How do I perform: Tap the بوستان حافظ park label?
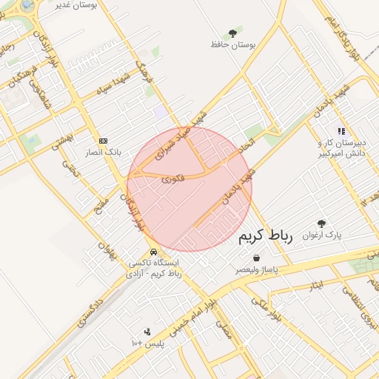pyautogui.click(x=233, y=45)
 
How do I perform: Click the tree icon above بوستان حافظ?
pyautogui.click(x=233, y=33)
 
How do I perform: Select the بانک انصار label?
pyautogui.click(x=103, y=152)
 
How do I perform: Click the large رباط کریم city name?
pyautogui.click(x=266, y=237)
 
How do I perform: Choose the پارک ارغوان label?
pyautogui.click(x=345, y=235)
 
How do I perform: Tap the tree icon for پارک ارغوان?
pyautogui.click(x=321, y=223)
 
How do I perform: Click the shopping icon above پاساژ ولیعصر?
pyautogui.click(x=256, y=258)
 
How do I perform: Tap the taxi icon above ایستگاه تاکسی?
pyautogui.click(x=153, y=251)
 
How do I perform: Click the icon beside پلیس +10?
pyautogui.click(x=147, y=332)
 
